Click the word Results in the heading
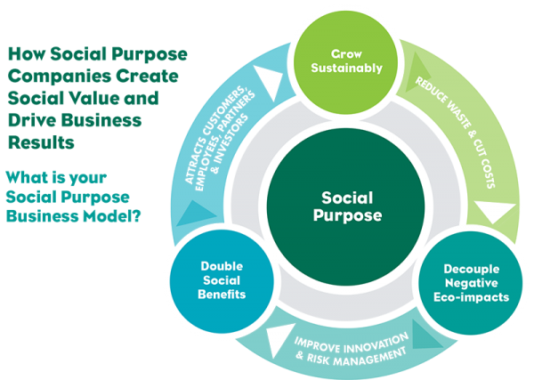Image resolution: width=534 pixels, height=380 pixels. tap(39, 141)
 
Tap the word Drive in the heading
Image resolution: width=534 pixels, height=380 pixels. tap(33, 118)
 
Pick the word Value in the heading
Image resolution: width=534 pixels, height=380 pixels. tap(101, 97)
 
